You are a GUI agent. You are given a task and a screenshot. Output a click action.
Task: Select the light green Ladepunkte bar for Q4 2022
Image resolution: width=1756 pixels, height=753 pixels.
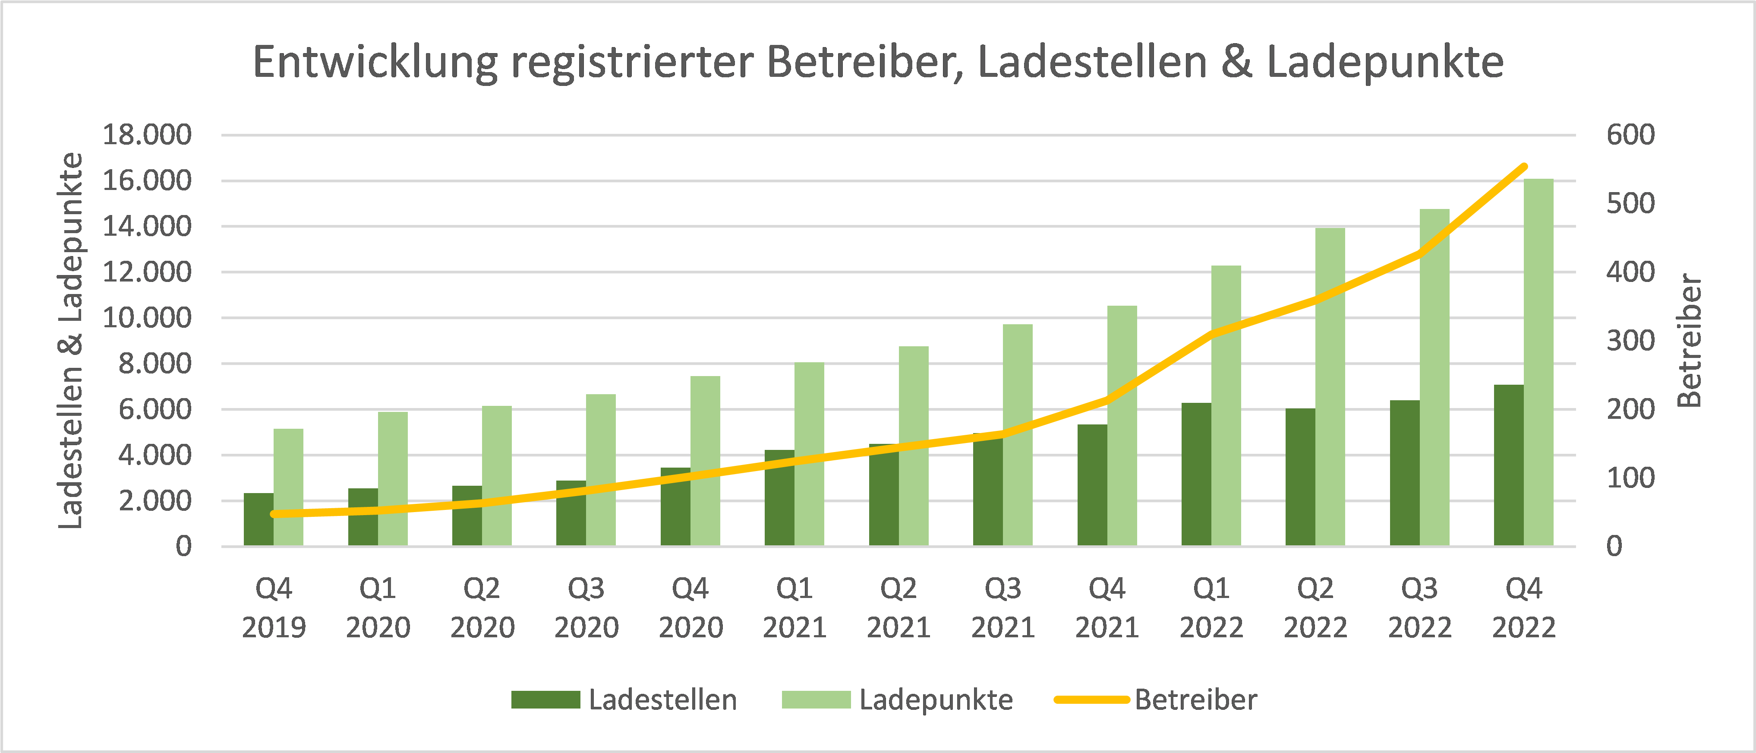point(1538,361)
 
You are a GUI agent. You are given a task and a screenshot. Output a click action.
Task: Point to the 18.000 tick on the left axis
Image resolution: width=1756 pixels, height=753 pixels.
point(147,135)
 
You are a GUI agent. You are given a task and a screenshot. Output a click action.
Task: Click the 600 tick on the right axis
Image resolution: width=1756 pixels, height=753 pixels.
point(1630,135)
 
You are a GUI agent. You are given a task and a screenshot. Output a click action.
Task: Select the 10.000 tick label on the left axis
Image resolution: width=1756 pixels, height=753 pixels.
point(147,318)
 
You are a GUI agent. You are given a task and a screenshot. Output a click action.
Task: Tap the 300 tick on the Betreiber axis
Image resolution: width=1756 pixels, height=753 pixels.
point(1630,340)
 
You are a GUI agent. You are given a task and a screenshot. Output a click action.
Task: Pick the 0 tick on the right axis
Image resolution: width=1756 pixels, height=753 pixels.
point(1614,546)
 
